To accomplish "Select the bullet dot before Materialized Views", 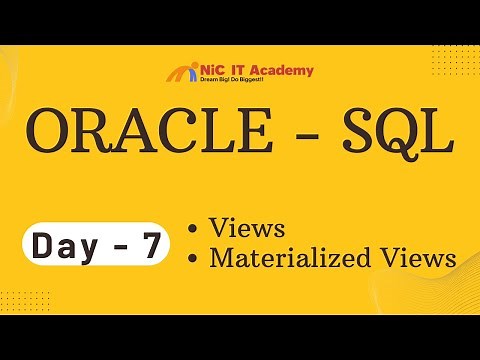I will (x=194, y=258).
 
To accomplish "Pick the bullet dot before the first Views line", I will (x=194, y=228).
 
